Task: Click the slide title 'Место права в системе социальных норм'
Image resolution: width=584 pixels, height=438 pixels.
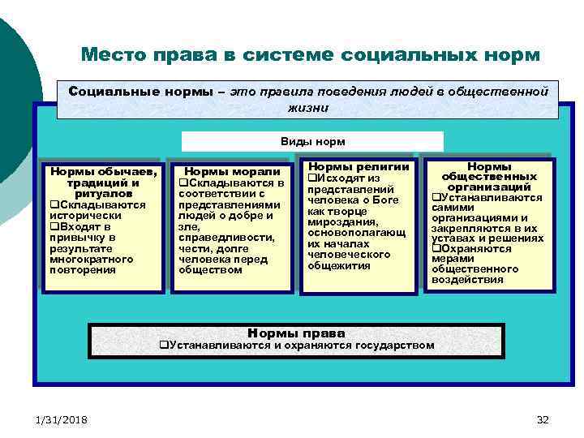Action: [x=310, y=55]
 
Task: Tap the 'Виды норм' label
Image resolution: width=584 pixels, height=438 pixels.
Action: [x=312, y=141]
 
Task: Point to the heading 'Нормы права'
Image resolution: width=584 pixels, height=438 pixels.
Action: [x=296, y=333]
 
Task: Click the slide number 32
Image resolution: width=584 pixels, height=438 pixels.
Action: [x=543, y=419]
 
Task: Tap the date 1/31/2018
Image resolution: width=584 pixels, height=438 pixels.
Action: [x=62, y=419]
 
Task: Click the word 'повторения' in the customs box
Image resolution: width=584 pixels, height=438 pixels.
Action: [x=82, y=270]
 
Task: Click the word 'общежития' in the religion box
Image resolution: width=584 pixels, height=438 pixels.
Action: [x=338, y=265]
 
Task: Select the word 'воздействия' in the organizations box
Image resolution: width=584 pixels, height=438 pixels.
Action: [x=467, y=280]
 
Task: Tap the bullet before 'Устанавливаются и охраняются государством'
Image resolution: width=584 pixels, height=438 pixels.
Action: [x=162, y=346]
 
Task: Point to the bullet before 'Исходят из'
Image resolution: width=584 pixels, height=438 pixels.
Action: [x=311, y=178]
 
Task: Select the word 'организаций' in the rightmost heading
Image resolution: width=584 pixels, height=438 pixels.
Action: [x=489, y=187]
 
